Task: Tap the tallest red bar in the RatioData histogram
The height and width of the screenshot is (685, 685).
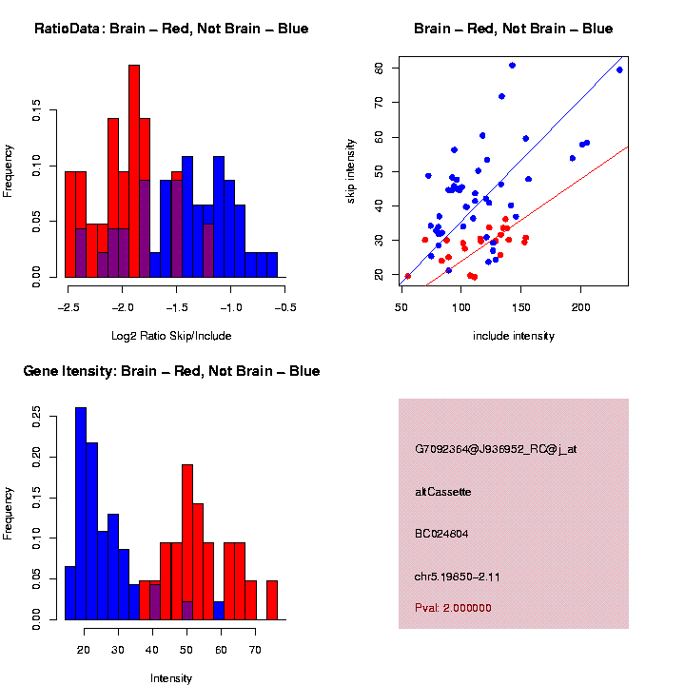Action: (134, 171)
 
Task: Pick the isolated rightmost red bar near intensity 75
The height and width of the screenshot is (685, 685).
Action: (272, 599)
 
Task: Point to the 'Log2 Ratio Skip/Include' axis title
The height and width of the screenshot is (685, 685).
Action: (171, 336)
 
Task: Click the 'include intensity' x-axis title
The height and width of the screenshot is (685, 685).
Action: (514, 336)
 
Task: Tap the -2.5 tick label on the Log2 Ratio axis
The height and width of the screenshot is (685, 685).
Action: (68, 307)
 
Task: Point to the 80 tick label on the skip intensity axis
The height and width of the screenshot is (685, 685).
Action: (379, 68)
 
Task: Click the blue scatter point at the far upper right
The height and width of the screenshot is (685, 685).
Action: (619, 69)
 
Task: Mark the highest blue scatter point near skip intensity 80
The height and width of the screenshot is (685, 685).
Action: (512, 65)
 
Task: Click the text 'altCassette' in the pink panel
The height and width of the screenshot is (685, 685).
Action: (443, 492)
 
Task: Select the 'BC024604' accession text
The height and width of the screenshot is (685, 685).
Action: (442, 534)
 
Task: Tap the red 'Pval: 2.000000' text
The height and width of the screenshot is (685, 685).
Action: (454, 608)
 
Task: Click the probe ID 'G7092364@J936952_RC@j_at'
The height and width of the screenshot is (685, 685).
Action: (496, 449)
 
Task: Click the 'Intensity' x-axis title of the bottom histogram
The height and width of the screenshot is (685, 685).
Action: (171, 678)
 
